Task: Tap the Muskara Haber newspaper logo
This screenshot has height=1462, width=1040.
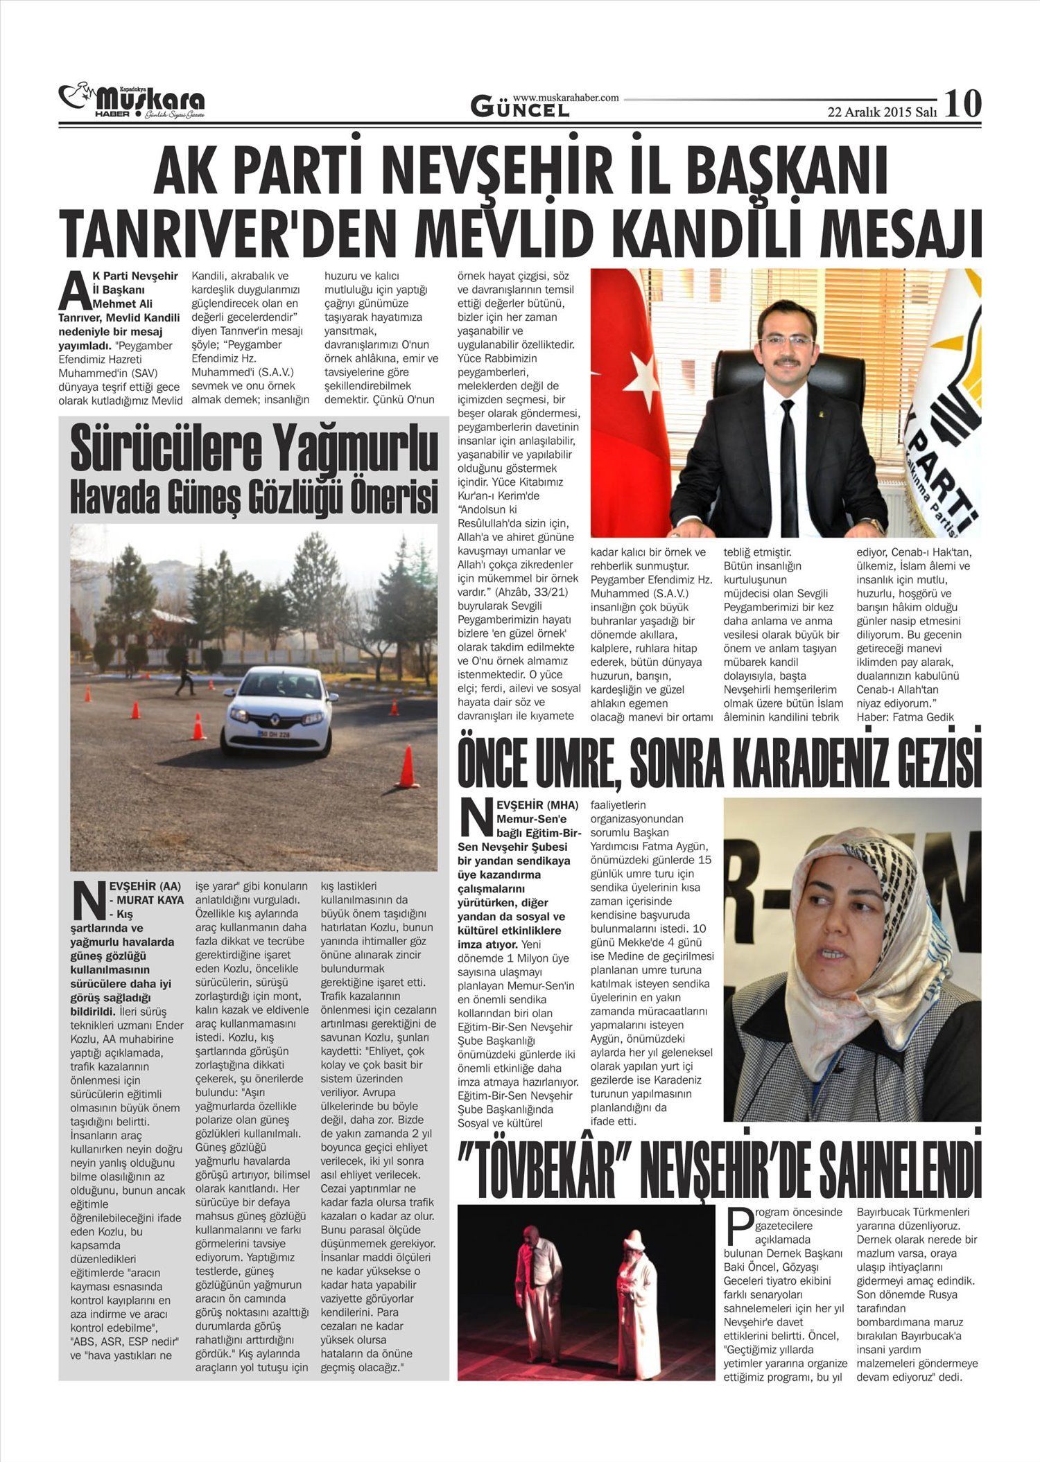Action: point(132,103)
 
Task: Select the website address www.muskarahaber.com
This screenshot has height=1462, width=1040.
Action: point(566,98)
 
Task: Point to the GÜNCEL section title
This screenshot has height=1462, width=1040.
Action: point(520,108)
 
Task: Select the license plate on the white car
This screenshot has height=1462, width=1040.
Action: point(275,733)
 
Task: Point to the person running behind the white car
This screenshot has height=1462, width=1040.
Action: point(185,678)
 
